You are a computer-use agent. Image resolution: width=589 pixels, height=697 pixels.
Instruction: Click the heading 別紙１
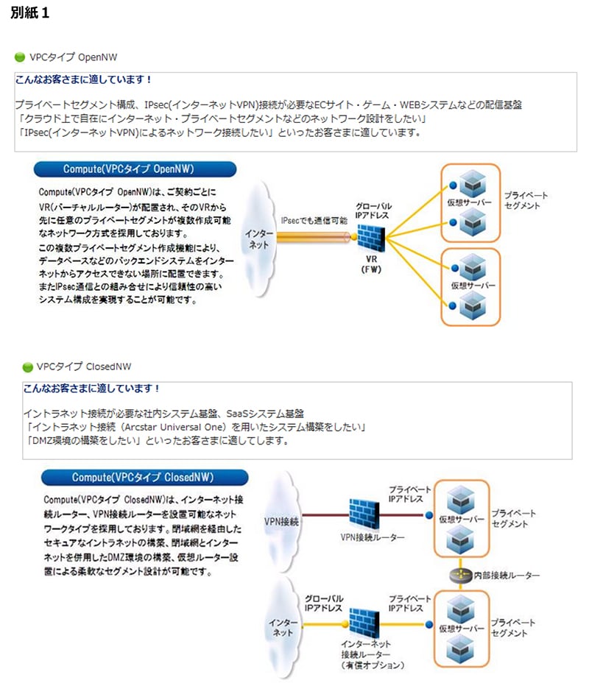pyautogui.click(x=30, y=15)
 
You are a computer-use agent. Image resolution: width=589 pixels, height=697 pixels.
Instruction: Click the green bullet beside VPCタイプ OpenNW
pyautogui.click(x=20, y=57)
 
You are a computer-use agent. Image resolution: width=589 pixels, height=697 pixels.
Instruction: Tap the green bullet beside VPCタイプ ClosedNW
pyautogui.click(x=27, y=367)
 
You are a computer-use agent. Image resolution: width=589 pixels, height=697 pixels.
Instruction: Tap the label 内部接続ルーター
pyautogui.click(x=507, y=575)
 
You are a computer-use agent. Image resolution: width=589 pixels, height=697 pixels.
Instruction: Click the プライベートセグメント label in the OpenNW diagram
pyautogui.click(x=526, y=200)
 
